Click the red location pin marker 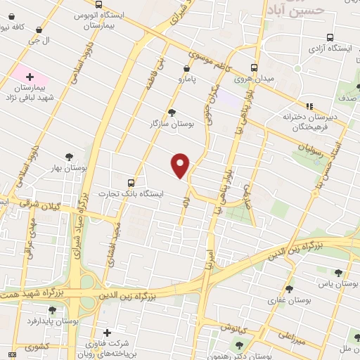181,165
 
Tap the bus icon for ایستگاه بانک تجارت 129,181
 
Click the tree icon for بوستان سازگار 172,112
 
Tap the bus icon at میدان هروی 255,68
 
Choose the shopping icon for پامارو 186,68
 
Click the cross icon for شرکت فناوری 107,333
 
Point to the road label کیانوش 230,328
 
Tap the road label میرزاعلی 290,335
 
